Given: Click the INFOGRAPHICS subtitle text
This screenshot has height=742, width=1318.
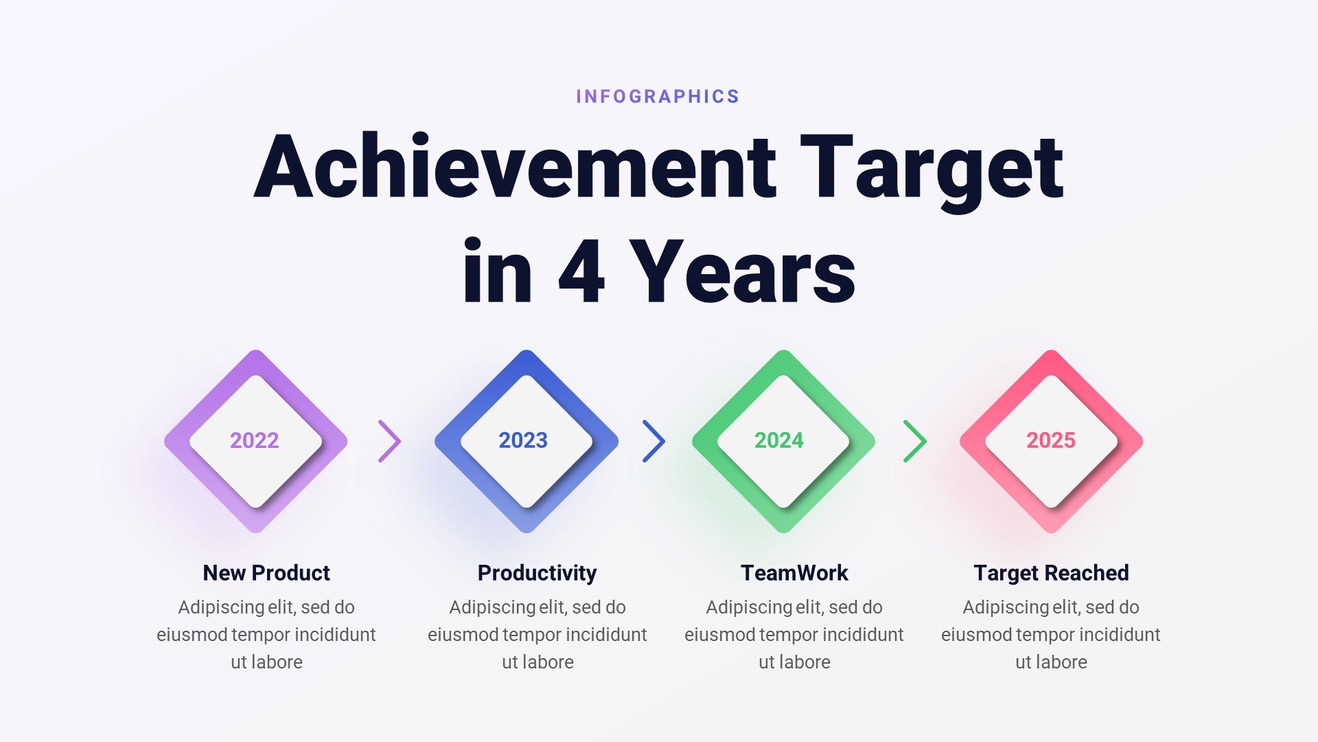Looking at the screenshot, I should [658, 97].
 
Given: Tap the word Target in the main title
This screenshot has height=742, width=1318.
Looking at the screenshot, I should [932, 168].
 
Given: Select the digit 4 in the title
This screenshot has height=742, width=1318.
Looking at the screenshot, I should [581, 272].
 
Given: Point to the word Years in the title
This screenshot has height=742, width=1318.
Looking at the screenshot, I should [742, 272].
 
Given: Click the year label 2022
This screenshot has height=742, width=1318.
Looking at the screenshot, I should [255, 440].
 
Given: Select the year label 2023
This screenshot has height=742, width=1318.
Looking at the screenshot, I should [523, 440].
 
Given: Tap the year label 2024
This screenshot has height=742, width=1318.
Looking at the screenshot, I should [779, 440].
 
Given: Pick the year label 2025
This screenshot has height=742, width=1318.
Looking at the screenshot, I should [1051, 440].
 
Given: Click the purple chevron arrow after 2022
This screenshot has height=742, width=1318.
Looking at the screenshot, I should [389, 441].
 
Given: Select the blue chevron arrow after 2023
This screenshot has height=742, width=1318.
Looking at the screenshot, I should [654, 441].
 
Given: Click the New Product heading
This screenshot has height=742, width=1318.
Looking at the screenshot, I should [266, 573].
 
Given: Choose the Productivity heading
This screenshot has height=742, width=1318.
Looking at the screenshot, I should [537, 573].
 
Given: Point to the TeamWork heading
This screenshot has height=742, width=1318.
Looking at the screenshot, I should [794, 573].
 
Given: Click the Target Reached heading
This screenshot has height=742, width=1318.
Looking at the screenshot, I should [1051, 573].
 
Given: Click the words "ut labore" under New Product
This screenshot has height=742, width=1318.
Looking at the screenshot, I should [266, 662].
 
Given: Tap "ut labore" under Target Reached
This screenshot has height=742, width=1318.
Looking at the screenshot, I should [1051, 662].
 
